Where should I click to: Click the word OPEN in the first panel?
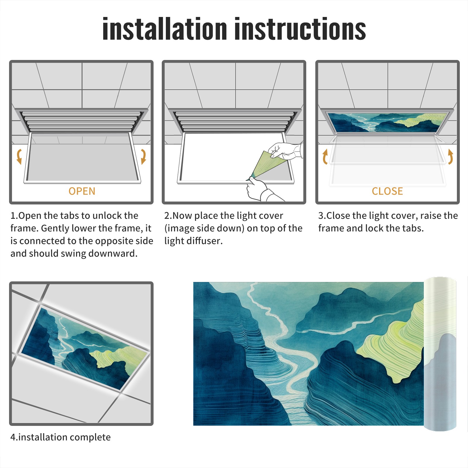pos(82,191)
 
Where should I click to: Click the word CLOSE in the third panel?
pos(387,191)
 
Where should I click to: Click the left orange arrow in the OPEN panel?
pos(19,156)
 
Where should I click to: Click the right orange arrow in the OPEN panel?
pos(143,156)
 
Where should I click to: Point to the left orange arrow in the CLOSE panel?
pos(325,156)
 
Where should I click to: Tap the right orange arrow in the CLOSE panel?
pos(450,156)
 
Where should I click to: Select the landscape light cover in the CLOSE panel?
pos(387,122)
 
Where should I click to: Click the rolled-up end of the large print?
pos(440,354)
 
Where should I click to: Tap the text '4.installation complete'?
pos(61,437)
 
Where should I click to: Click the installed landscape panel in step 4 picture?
pos(85,348)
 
